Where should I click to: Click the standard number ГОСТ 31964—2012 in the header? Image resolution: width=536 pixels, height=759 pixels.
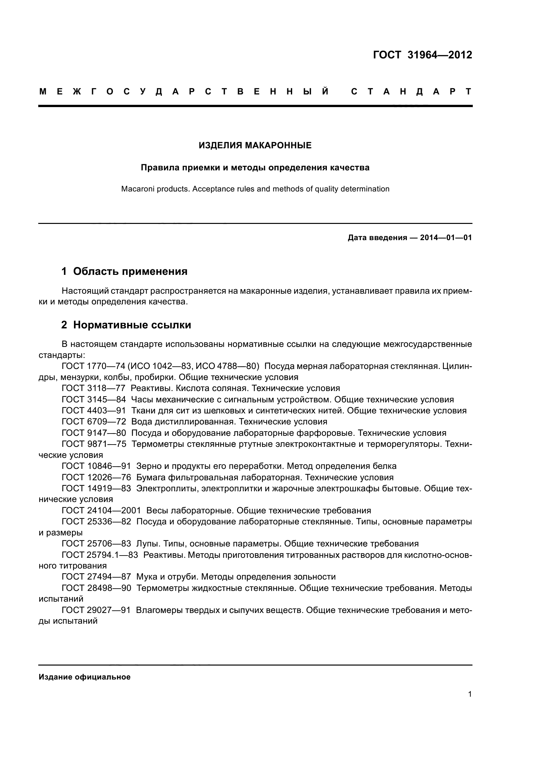(x=423, y=55)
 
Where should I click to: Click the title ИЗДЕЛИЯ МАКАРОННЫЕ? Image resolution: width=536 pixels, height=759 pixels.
(x=255, y=145)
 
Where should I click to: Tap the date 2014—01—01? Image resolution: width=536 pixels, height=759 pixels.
(x=446, y=238)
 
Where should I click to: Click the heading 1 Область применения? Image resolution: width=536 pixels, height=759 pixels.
(x=124, y=271)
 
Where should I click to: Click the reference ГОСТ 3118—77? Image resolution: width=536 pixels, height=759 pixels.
(x=93, y=388)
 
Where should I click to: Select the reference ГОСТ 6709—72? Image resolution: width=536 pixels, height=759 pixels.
(x=94, y=422)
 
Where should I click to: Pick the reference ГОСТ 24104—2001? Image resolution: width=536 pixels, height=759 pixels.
(x=101, y=510)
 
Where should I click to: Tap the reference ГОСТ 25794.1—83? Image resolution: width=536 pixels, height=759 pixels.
(x=100, y=555)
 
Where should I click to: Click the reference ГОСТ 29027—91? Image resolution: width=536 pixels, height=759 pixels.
(x=96, y=610)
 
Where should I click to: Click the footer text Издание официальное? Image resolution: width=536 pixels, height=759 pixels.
(x=85, y=677)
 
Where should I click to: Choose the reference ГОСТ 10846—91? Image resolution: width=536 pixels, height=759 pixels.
(x=96, y=466)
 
